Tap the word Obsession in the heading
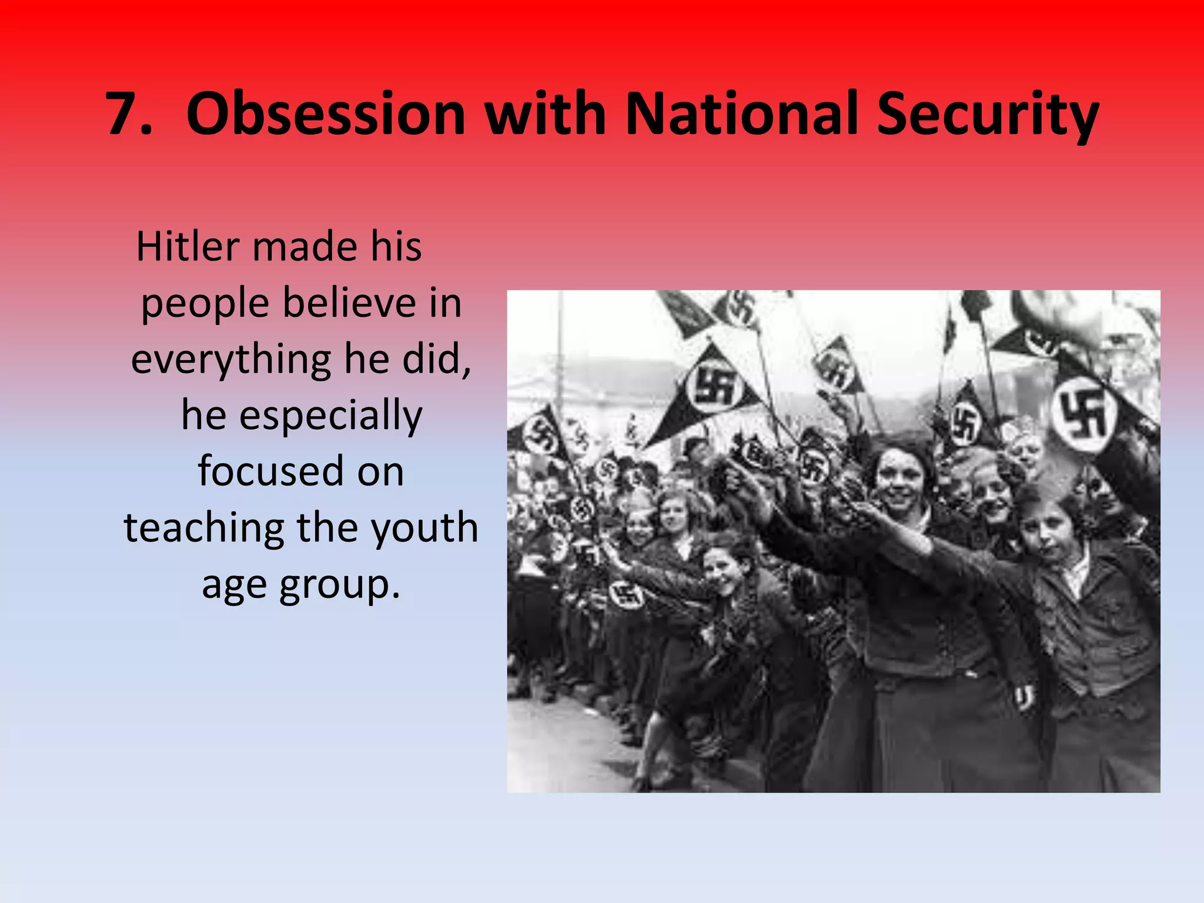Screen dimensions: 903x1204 326,114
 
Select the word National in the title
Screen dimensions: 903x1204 744,114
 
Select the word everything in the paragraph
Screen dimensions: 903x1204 231,360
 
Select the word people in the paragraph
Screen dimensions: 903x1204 205,305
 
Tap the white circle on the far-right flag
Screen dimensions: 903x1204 1082,415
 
